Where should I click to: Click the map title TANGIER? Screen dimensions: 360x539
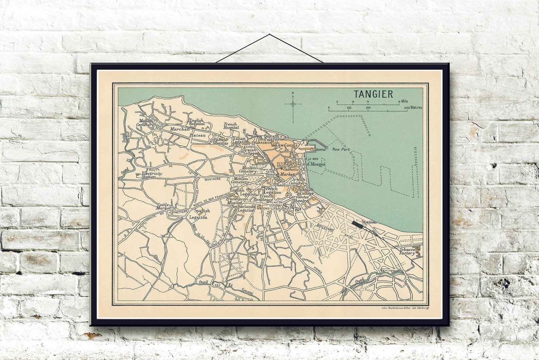click(373, 94)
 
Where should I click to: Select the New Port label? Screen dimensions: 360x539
click(341, 149)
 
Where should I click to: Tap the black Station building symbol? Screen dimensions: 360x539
click(356, 224)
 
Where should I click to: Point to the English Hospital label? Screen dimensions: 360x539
click(197, 122)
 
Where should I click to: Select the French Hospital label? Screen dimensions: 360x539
click(231, 126)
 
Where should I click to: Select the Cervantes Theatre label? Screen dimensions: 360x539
click(299, 199)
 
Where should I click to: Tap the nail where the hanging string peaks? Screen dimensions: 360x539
click(269, 34)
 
